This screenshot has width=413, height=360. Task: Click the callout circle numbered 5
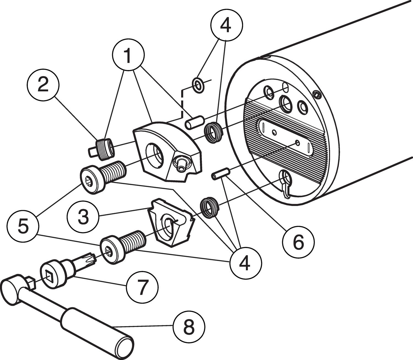23,226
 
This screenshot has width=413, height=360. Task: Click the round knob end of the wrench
11,292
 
